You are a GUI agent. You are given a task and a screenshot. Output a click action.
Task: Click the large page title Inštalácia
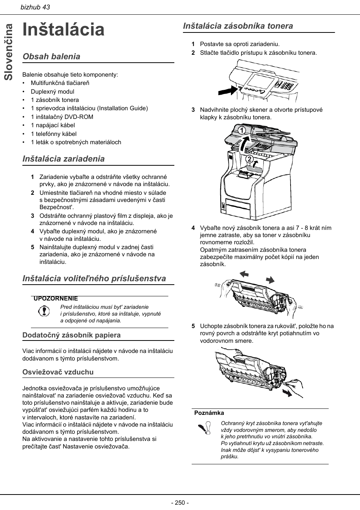point(63,29)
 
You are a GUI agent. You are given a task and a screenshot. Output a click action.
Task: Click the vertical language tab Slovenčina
point(9,52)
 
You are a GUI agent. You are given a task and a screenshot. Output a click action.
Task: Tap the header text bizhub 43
point(35,7)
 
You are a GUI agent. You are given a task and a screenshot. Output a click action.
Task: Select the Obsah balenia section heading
point(51,57)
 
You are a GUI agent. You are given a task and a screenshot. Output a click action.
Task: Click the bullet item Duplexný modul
point(52,91)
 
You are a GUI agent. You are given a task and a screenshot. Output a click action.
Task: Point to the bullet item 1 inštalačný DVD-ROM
point(62,117)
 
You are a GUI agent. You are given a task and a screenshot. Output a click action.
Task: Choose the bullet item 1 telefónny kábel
point(54,134)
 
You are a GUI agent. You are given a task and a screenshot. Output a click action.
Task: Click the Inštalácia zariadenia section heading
point(63,159)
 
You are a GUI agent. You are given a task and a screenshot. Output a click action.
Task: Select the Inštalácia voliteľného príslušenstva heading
point(94,279)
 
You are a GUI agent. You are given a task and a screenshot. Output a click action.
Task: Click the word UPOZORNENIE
point(55,299)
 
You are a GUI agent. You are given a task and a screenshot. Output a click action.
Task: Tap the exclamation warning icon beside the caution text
point(44,311)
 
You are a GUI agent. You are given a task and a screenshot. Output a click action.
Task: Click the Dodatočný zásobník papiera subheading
point(71,335)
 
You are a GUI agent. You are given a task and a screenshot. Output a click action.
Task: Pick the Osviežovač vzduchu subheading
point(58,372)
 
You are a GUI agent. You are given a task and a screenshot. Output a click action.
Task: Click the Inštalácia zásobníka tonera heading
point(238,26)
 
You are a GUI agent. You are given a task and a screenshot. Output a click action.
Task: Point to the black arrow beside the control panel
point(229,91)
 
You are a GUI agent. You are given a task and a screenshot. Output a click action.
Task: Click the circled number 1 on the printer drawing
point(241,131)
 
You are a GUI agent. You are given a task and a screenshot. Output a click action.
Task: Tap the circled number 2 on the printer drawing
point(249,159)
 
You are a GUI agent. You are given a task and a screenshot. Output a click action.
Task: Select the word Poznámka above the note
point(209,413)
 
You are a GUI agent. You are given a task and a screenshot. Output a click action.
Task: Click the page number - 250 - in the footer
point(180,502)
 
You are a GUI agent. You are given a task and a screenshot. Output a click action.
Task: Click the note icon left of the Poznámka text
point(204,429)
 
